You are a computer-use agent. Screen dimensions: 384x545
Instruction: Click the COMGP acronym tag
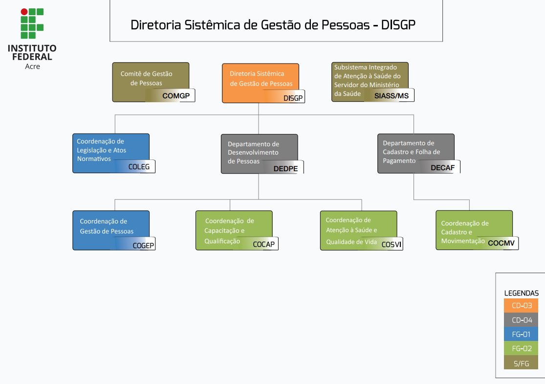pos(175,96)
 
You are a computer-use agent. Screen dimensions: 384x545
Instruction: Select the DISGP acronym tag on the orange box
pos(293,98)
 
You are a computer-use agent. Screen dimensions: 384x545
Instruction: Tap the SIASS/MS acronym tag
pos(391,96)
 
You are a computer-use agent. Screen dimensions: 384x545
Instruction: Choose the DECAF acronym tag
pos(443,168)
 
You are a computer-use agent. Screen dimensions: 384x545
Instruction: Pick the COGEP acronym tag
pos(144,245)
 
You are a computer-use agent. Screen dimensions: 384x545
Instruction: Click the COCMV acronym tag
pos(501,243)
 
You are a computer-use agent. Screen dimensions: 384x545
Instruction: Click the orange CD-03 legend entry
pos(522,306)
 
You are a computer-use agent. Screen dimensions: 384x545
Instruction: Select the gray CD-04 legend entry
pos(522,320)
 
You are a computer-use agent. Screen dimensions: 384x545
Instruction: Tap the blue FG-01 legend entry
pos(522,335)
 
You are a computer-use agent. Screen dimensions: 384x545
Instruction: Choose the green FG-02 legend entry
pos(522,349)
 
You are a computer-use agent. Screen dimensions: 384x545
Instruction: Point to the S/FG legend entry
pos(522,363)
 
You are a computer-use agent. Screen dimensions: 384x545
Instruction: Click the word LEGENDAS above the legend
pos(522,293)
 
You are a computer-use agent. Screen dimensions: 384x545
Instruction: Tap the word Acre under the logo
pos(32,67)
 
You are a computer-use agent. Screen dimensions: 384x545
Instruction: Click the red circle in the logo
pos(24,11)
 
